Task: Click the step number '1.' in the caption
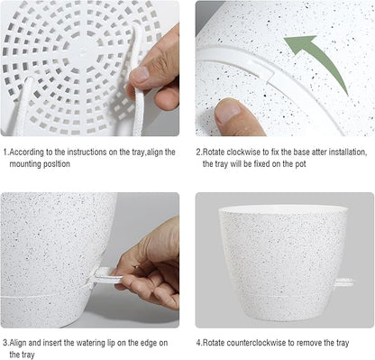[x=5, y=152]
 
